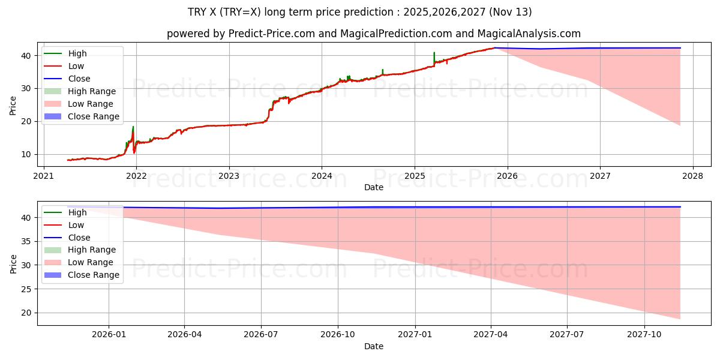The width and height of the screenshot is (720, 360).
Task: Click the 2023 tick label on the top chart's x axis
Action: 229,176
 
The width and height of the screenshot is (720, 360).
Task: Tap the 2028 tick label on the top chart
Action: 693,176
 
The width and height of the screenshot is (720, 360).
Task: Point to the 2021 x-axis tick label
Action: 43,176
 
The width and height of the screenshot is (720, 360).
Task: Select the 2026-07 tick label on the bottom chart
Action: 261,335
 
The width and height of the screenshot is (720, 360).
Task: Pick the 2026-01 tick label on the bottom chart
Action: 109,335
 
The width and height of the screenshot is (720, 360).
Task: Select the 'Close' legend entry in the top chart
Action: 79,79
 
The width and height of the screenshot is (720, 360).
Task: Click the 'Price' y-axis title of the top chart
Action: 13,105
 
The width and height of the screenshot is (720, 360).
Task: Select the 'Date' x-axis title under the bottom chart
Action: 373,346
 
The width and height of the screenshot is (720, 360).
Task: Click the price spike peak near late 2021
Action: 133,127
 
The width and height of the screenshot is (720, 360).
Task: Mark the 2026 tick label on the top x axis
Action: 508,176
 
